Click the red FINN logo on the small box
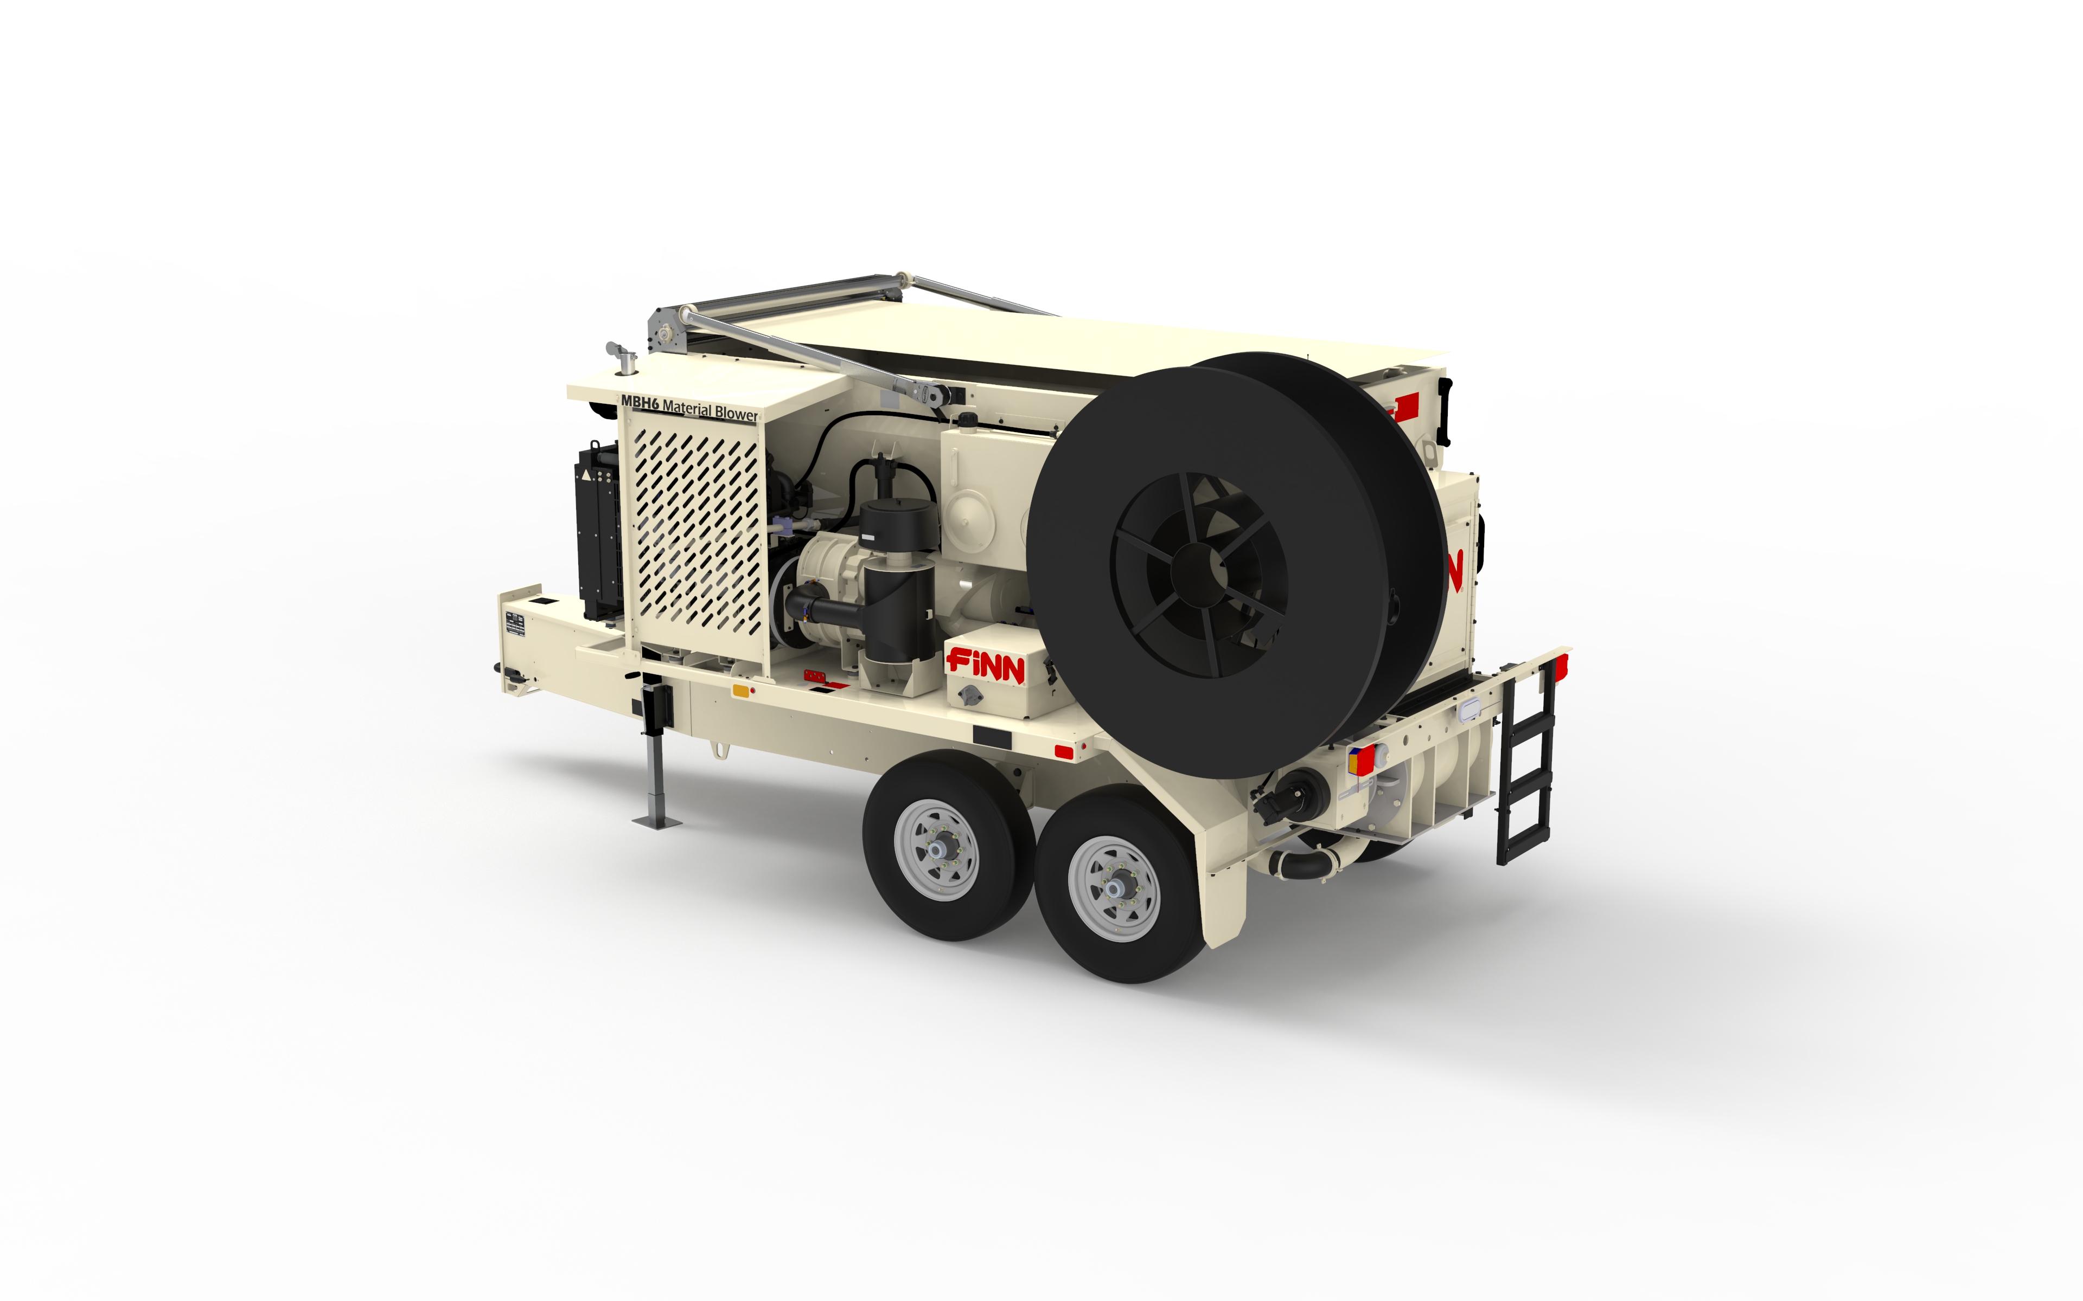986,665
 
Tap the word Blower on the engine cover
736,413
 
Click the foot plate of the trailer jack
657,822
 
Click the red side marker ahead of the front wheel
1064,752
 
